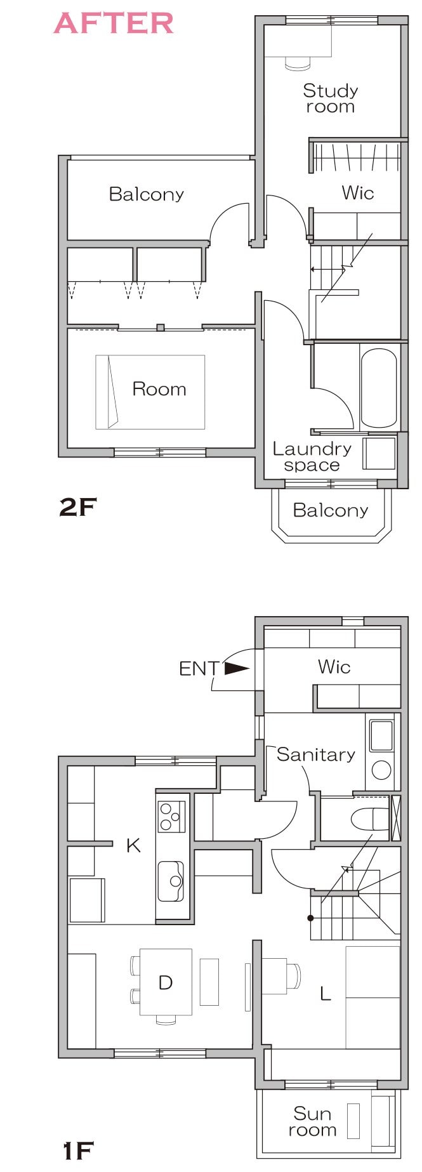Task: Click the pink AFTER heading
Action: tap(114, 23)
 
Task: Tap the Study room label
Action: tap(330, 98)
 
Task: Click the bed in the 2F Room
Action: tap(150, 392)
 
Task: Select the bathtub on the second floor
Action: tap(379, 388)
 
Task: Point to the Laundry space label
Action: tap(312, 457)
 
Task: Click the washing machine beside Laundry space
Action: tap(379, 453)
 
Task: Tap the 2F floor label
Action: tap(77, 507)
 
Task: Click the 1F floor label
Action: tap(78, 1150)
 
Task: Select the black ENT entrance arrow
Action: tap(237, 668)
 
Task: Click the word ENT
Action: tap(199, 668)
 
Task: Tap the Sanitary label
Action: tap(315, 754)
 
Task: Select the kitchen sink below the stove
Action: tap(171, 881)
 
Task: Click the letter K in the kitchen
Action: tap(133, 845)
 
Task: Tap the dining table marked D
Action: tap(166, 982)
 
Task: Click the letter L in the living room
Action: tap(326, 993)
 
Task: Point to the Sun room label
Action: tap(312, 1121)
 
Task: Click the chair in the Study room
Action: tap(297, 63)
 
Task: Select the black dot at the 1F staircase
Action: tap(310, 918)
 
